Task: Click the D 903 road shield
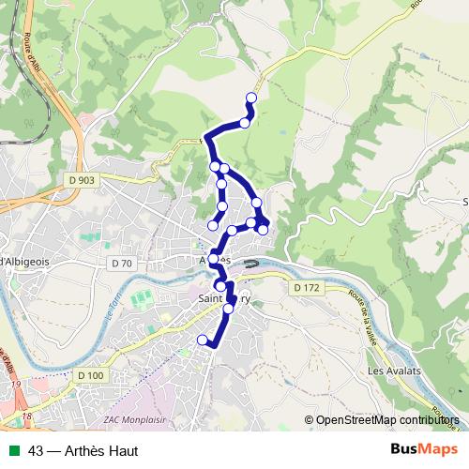tap(83, 180)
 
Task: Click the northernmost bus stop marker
tap(251, 98)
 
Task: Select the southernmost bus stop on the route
tap(203, 339)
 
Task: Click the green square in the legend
tap(12, 451)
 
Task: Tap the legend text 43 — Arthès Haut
tap(83, 451)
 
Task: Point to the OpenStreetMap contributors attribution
tap(385, 420)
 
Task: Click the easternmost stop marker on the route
tap(265, 229)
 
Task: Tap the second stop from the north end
tap(246, 122)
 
